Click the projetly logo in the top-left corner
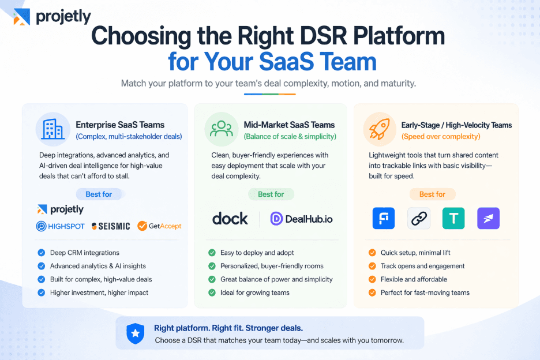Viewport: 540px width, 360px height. (52, 17)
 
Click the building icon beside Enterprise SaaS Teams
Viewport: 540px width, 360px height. (53, 130)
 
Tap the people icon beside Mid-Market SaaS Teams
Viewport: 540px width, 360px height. (222, 130)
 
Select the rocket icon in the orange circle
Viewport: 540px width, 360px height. (380, 130)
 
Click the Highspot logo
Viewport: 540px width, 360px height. (60, 226)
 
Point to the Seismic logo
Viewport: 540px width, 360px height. (111, 226)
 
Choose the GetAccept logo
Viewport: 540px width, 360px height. (159, 226)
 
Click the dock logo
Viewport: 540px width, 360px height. (230, 219)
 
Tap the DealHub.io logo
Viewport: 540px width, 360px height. (301, 219)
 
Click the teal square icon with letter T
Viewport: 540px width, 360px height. (453, 219)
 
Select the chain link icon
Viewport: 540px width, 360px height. (419, 219)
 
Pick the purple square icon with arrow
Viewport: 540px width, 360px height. (488, 219)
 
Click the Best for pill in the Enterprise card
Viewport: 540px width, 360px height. (99, 194)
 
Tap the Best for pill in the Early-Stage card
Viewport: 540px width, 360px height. (432, 194)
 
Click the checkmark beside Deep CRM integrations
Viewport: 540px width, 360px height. (41, 253)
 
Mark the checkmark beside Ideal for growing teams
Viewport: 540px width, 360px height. (212, 292)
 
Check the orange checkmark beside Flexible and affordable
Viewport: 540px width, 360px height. (372, 279)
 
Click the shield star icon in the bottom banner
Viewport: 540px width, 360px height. (135, 333)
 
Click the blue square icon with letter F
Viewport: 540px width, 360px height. (384, 219)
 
